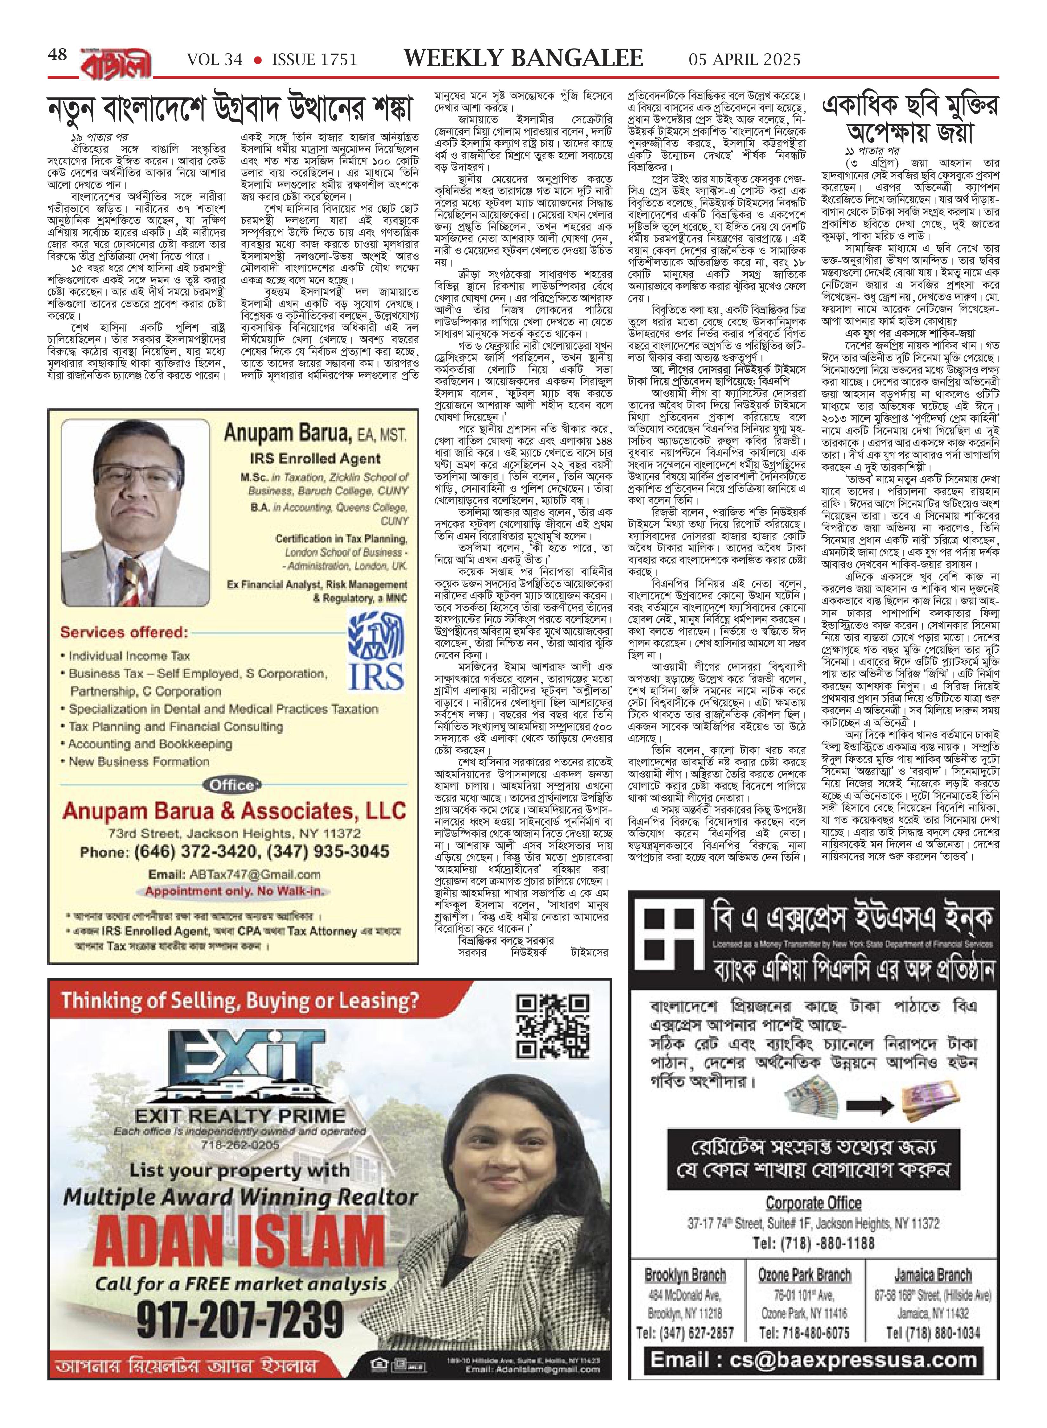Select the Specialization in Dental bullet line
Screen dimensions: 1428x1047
pyautogui.click(x=223, y=709)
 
